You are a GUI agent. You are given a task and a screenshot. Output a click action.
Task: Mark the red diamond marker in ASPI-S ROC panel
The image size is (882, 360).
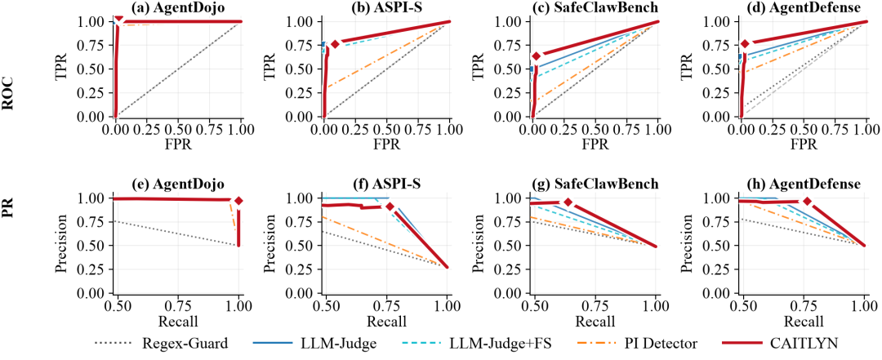336,44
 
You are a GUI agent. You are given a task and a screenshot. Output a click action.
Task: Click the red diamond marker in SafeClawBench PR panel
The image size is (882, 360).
568,202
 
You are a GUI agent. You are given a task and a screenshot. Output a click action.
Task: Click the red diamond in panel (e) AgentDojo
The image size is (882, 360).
238,201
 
